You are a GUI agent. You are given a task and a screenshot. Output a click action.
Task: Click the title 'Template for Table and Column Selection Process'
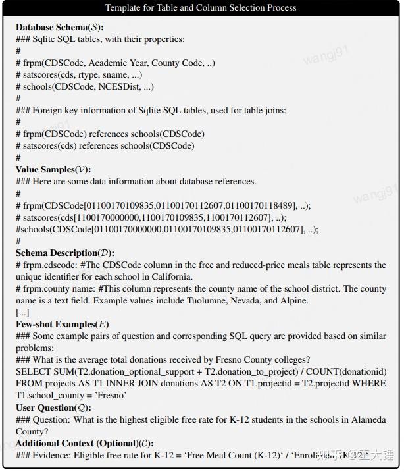click(x=201, y=8)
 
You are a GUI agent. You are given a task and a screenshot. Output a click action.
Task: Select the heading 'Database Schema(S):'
click(x=60, y=28)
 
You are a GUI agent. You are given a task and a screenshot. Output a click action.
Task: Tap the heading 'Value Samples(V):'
click(x=53, y=170)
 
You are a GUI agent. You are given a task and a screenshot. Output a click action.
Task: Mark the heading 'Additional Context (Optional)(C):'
click(x=85, y=443)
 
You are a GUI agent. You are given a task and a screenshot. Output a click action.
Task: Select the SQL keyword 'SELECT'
click(x=33, y=372)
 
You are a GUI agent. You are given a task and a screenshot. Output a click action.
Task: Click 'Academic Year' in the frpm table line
click(x=116, y=63)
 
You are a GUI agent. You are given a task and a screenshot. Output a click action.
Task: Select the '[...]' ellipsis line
click(x=22, y=312)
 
